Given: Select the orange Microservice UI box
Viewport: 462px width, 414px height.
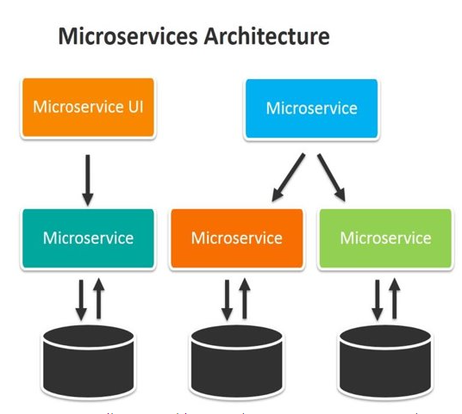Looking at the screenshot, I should [88, 108].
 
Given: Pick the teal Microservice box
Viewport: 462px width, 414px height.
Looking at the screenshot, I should [88, 237].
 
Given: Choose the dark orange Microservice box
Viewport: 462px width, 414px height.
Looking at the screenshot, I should [236, 237].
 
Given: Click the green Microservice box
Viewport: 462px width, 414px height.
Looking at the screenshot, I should [385, 237].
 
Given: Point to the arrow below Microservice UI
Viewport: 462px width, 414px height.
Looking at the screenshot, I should [88, 178].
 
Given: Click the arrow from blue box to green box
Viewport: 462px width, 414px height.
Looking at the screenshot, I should [332, 178].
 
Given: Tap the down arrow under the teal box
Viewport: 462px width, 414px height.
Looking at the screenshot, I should [80, 298].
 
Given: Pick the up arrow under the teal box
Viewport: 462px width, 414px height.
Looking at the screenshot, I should [97, 298].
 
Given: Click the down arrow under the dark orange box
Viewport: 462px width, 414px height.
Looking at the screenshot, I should [228, 298].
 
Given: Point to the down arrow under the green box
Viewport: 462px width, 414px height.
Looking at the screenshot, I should [378, 298].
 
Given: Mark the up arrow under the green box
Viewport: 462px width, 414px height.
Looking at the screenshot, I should [395, 298].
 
